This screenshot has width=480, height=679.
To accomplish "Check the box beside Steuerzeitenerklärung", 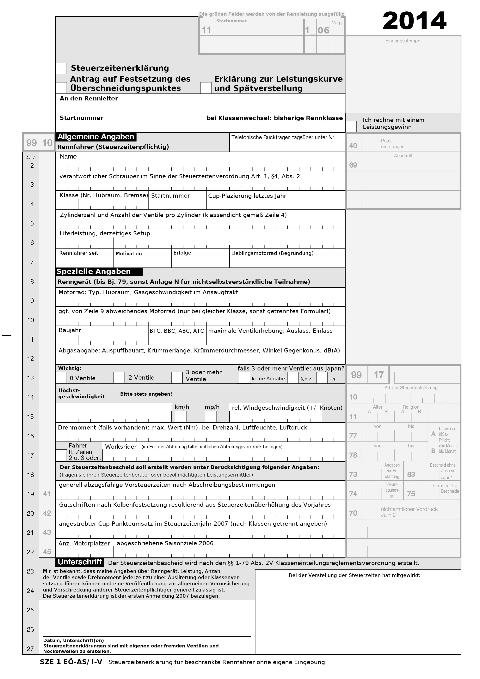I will coord(61,68).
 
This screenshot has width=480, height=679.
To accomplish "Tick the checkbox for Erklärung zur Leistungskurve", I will coord(206,88).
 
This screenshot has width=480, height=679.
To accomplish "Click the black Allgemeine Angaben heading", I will coord(96,137).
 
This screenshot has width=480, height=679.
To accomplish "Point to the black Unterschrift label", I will coord(80,562).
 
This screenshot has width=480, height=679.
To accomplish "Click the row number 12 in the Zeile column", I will coord(30,359).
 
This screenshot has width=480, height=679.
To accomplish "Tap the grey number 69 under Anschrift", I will coord(353,165).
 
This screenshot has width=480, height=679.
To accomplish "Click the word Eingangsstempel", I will coord(403,41).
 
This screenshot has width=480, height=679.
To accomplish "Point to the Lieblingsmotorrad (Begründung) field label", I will coord(272,253).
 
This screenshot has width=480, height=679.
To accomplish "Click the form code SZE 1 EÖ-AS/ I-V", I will coord(71,662).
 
